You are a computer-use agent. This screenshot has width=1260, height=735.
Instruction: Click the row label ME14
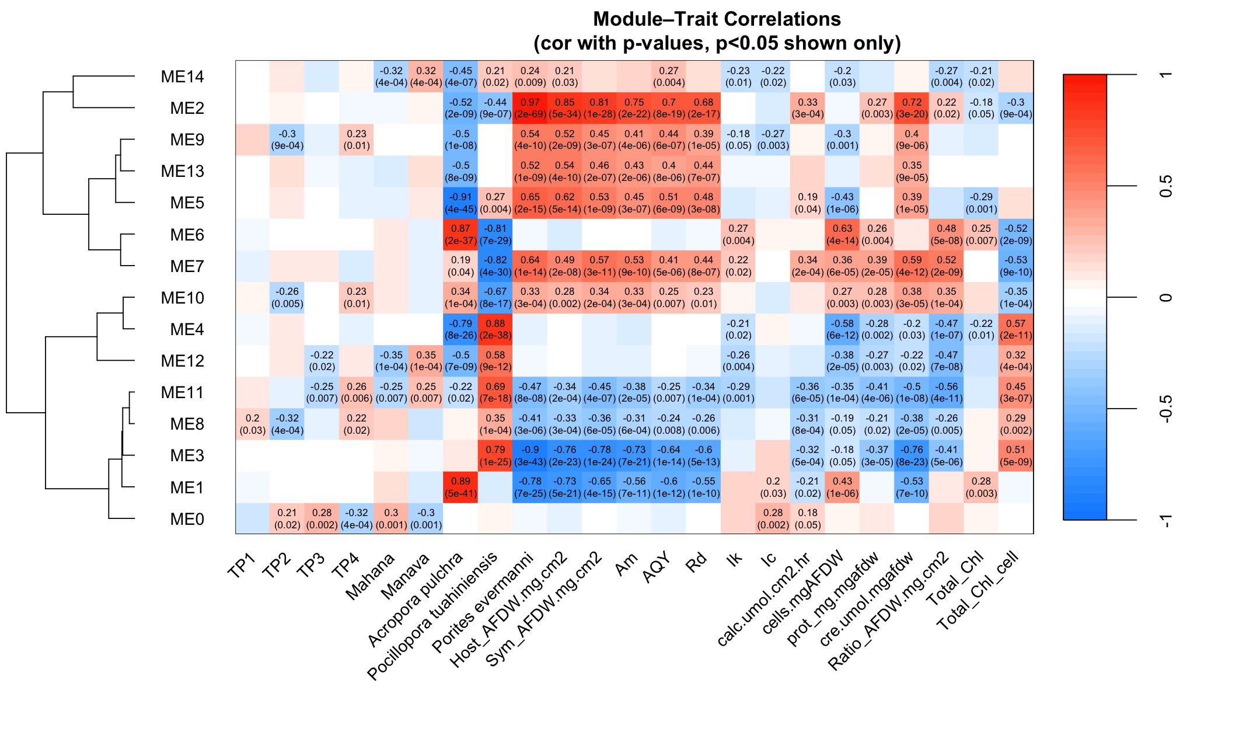tap(182, 77)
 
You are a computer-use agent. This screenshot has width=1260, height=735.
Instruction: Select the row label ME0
tap(187, 519)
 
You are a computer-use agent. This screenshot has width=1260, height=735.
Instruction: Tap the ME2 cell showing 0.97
tap(530, 109)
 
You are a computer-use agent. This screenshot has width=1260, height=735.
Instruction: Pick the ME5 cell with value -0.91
tap(460, 203)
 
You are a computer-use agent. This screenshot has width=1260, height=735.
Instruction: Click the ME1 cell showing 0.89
tap(460, 487)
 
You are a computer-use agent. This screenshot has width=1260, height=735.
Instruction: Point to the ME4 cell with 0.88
tap(495, 329)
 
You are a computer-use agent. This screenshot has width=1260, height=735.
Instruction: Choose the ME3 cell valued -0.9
tap(530, 456)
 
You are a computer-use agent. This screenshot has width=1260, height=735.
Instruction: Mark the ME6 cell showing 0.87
tap(460, 235)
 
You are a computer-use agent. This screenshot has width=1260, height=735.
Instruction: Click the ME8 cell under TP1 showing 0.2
tap(252, 424)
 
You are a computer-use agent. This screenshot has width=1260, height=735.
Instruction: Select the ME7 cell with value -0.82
tap(495, 266)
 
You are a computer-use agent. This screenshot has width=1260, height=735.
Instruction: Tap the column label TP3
tap(310, 565)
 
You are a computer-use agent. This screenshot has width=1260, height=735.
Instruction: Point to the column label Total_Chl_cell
tap(978, 590)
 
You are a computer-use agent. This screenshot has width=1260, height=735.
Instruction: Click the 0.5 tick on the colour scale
tap(1165, 186)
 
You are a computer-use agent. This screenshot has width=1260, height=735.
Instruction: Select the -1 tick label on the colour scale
tap(1165, 520)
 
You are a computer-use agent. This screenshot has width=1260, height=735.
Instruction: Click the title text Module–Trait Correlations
tap(717, 19)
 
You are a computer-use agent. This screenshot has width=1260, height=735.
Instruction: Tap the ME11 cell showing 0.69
tap(495, 393)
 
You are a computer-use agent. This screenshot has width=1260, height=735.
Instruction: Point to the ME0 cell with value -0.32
tap(356, 519)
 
